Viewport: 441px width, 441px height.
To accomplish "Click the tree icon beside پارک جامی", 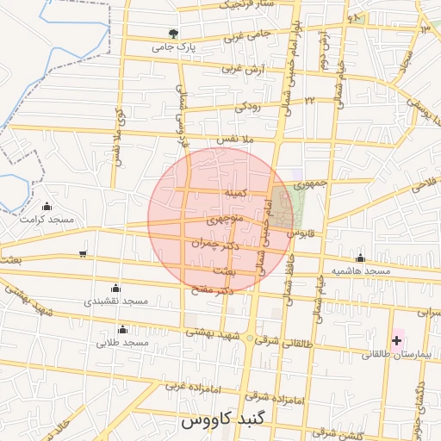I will pos(175,34).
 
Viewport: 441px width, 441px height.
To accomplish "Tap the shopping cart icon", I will pos(82,253).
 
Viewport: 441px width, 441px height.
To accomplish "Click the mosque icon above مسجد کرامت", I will pos(47,207).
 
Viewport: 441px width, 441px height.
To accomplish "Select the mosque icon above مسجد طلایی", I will pos(122,330).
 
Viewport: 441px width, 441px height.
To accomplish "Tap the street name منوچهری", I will pos(224,220).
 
